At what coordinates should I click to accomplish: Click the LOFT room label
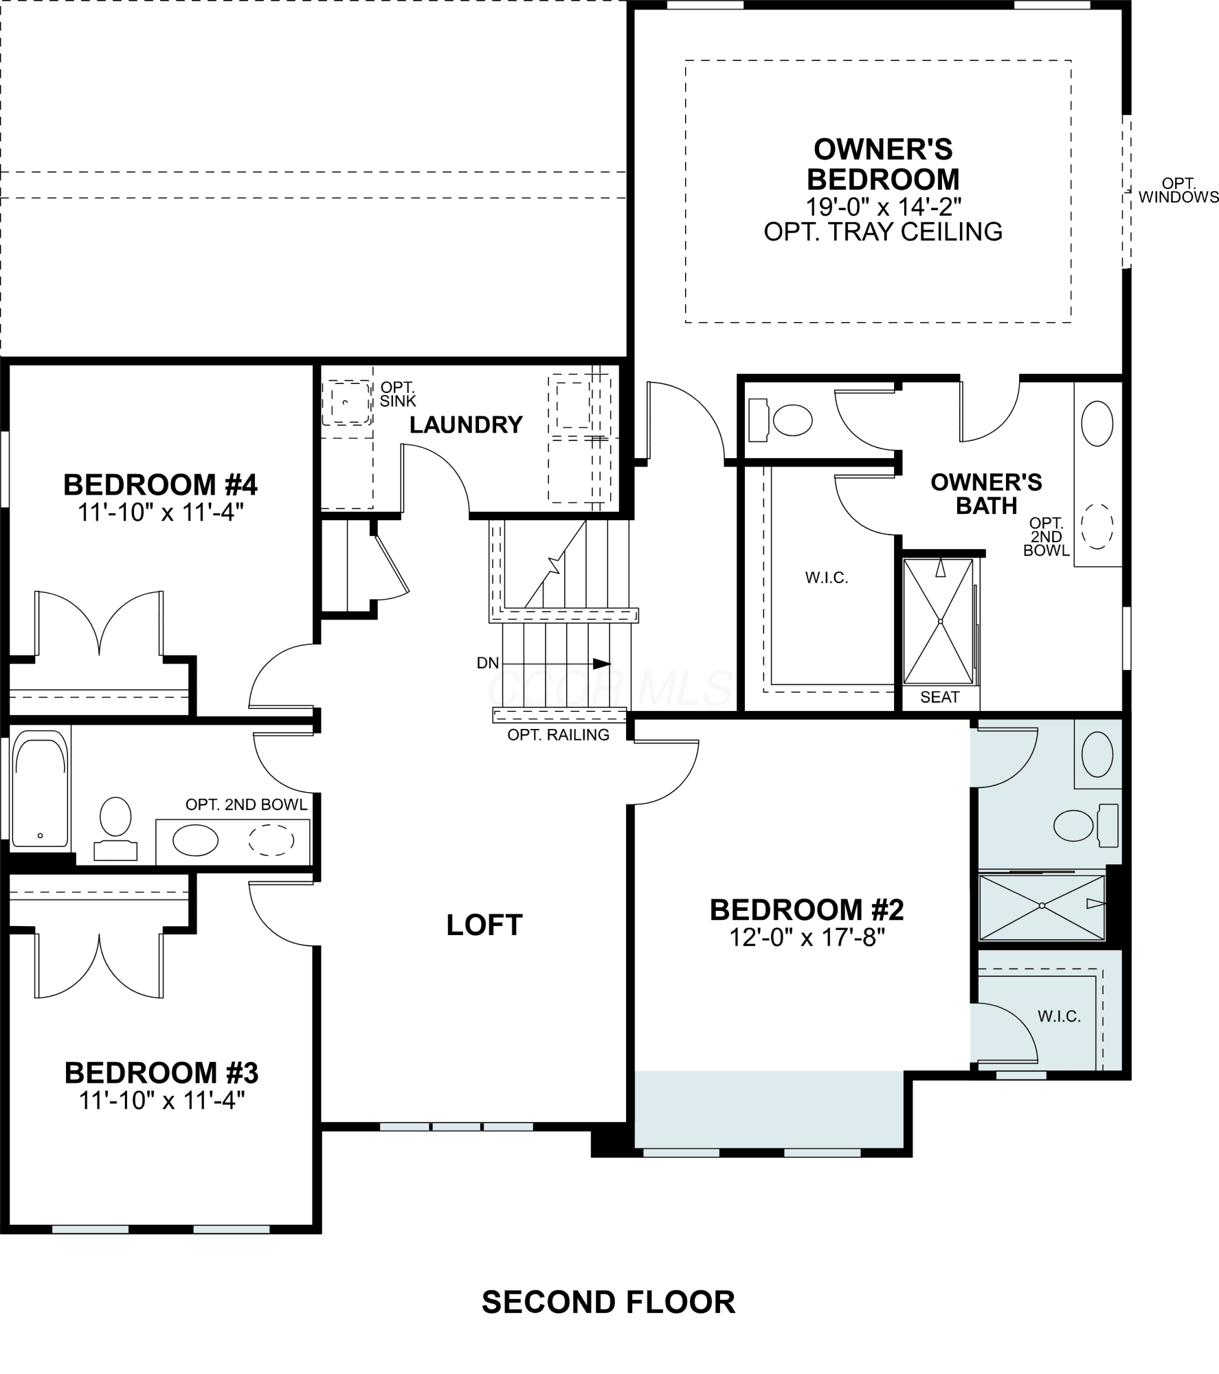pyautogui.click(x=484, y=925)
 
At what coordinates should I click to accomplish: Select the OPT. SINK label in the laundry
pyautogui.click(x=398, y=394)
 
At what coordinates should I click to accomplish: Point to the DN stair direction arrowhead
pyautogui.click(x=601, y=664)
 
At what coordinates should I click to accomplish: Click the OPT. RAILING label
pyautogui.click(x=559, y=734)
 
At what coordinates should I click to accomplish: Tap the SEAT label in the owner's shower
pyautogui.click(x=939, y=697)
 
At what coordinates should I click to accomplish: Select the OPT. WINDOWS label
pyautogui.click(x=1178, y=190)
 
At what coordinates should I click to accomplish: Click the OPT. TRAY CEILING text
pyautogui.click(x=883, y=232)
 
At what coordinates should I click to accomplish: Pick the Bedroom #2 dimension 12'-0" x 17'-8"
pyautogui.click(x=807, y=937)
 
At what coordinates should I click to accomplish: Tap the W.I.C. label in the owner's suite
pyautogui.click(x=827, y=578)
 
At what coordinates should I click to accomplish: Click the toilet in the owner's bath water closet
pyautogui.click(x=780, y=420)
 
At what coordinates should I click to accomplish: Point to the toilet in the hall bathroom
pyautogui.click(x=115, y=828)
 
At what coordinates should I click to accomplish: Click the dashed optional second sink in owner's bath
pyautogui.click(x=1097, y=526)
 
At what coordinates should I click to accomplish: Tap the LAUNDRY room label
pyautogui.click(x=466, y=425)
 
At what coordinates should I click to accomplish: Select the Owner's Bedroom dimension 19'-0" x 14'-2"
pyautogui.click(x=883, y=205)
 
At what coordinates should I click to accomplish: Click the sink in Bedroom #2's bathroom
pyautogui.click(x=1097, y=754)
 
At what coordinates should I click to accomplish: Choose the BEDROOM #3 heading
pyautogui.click(x=161, y=1072)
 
